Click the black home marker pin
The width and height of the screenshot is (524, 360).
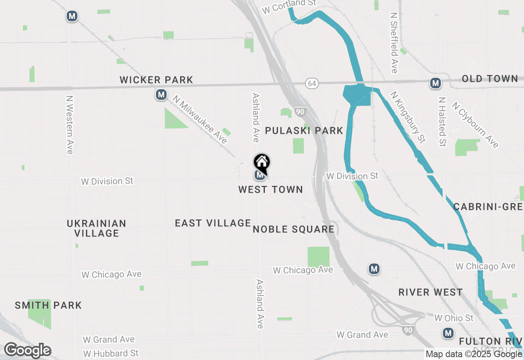(x=262, y=163)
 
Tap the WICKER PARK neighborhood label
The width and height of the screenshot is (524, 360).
(x=156, y=80)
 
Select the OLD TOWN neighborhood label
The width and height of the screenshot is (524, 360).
(x=490, y=79)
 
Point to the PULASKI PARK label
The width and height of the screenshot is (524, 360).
(x=304, y=130)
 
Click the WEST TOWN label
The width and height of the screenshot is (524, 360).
(x=271, y=189)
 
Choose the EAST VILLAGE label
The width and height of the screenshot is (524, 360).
(x=212, y=223)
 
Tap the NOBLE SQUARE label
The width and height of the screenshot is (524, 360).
(x=294, y=229)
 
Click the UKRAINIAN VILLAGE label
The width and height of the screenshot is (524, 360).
(x=97, y=228)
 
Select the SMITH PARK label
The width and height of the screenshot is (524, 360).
(x=48, y=305)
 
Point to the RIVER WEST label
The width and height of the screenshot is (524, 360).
(x=431, y=292)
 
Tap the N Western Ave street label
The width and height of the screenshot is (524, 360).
(x=70, y=125)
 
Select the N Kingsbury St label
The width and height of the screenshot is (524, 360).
(x=408, y=117)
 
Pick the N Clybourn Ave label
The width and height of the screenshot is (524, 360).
(x=475, y=124)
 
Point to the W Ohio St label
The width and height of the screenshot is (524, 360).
(x=454, y=318)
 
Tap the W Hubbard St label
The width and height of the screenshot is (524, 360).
(x=111, y=353)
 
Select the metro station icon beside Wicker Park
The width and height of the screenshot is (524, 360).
(x=161, y=95)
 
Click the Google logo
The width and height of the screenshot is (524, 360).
(x=27, y=351)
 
